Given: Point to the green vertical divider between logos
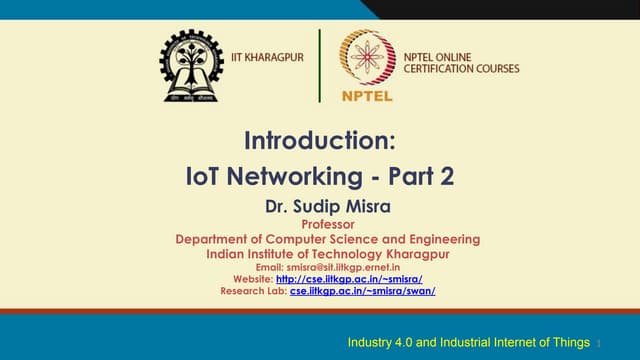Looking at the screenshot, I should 320,65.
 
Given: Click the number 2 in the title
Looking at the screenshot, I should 447,176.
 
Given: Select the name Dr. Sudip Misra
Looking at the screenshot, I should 320,207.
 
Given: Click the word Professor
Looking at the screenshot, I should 320,224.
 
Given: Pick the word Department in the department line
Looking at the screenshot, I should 212,239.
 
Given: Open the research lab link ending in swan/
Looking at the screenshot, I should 362,291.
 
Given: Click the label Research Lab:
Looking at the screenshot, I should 253,291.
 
